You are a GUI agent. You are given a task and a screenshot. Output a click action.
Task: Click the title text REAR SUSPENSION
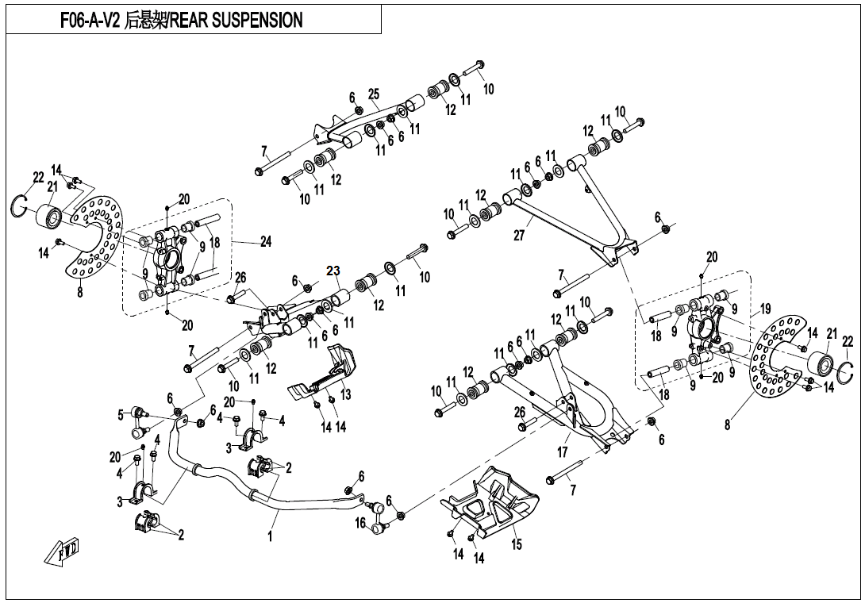pos(236,21)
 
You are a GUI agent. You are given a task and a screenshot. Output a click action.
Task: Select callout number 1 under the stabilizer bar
pos(271,537)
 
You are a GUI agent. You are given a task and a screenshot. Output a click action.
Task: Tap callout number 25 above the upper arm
pos(374,94)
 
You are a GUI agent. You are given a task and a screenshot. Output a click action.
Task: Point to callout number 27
pos(519,236)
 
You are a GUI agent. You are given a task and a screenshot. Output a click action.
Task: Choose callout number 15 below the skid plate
pos(517,544)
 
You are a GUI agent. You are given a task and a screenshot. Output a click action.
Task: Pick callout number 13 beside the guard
pos(345,394)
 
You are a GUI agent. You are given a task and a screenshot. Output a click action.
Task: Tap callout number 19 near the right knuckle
pos(765,307)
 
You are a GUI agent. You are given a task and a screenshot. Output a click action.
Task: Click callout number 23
pos(333,270)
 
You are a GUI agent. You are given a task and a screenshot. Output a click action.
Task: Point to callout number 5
pos(121,413)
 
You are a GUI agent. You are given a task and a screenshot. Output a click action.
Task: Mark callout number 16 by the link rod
pos(360,524)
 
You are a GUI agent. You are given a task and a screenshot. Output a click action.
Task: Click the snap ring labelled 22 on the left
pos(21,205)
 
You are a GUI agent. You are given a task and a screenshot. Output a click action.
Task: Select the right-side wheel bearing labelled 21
pos(822,364)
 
